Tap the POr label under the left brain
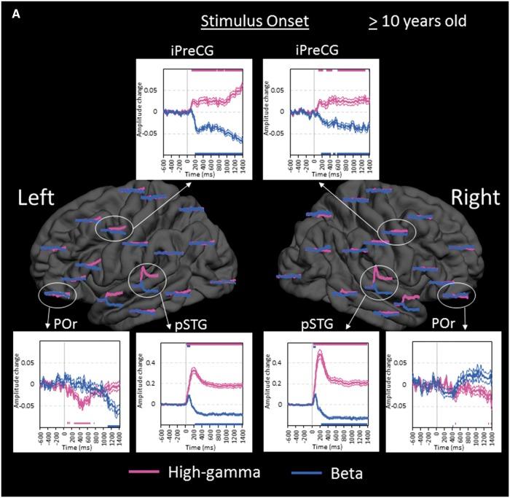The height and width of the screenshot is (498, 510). tap(52, 322)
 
